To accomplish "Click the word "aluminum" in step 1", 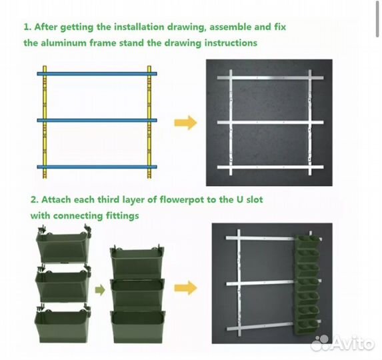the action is (63, 43).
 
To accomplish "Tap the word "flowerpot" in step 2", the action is (181, 200).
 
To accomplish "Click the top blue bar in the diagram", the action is (97, 73).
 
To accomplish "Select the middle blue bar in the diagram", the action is (97, 120).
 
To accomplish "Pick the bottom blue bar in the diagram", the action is (97, 167).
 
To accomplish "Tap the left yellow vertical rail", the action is (45, 122).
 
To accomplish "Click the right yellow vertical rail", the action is (149, 122).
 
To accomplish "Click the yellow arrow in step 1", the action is (185, 123).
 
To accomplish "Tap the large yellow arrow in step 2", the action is (185, 288).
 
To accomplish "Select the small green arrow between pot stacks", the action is (100, 290).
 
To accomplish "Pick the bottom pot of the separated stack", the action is (63, 323).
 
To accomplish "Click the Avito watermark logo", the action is (343, 343).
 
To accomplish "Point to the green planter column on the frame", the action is (307, 285).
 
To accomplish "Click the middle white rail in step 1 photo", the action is (271, 123).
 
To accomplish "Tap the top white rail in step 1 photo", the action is (271, 78).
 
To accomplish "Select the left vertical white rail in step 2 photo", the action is (239, 283).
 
